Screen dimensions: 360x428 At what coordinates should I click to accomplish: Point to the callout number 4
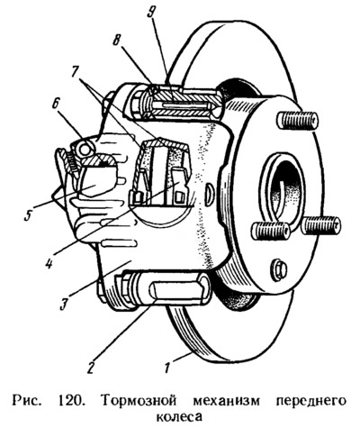pyautogui.click(x=49, y=263)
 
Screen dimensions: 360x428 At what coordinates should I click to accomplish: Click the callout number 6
pyautogui.click(x=56, y=105)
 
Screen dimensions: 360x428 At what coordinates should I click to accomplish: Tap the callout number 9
pyautogui.click(x=151, y=12)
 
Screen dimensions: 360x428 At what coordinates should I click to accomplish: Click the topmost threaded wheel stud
pyautogui.click(x=297, y=121)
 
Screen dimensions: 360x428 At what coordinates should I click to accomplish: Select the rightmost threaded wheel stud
pyautogui.click(x=321, y=225)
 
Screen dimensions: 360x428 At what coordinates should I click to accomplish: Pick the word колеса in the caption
pyautogui.click(x=179, y=417)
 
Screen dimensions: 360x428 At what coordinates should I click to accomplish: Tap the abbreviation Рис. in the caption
pyautogui.click(x=26, y=401)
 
